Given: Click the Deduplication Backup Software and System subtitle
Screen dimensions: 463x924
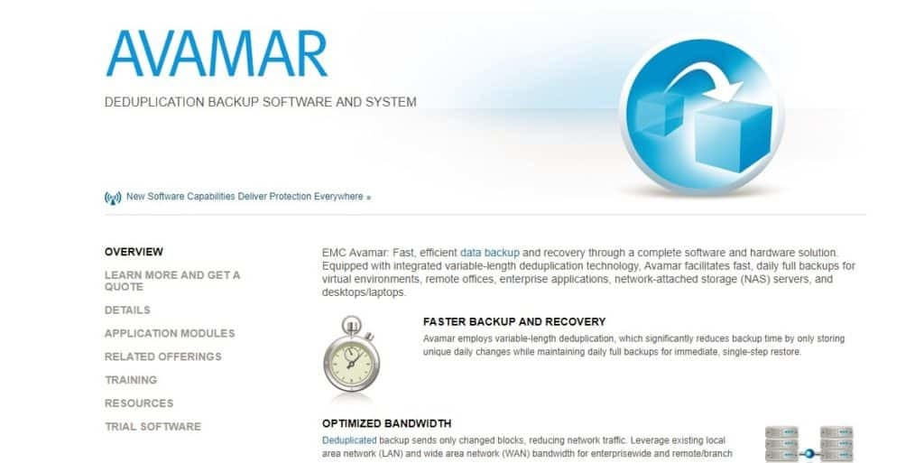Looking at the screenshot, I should coord(261,102).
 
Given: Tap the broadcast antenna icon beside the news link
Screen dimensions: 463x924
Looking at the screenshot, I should coord(113,197).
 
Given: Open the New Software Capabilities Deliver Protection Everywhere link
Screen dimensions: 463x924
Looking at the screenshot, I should coord(245,196).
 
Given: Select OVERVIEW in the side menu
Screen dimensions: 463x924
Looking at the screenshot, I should coord(134,252).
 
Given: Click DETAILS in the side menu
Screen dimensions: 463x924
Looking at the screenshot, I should coord(127,310).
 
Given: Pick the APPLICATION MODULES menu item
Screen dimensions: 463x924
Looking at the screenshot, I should coord(170,333).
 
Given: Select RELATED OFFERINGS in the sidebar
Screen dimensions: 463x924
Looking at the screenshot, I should coord(163,357).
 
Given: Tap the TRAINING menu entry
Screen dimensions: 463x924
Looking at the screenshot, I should coord(131,380).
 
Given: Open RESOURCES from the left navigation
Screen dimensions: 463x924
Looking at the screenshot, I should coord(139,403).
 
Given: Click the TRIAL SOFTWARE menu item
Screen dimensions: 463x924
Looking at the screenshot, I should coord(152,427).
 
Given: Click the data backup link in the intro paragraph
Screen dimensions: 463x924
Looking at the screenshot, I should coord(489,253).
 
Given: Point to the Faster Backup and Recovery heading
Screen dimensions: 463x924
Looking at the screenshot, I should coord(514,321).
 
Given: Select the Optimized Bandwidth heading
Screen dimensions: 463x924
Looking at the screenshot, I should coord(386,423).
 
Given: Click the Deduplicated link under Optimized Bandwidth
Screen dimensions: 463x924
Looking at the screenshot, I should coord(349,440).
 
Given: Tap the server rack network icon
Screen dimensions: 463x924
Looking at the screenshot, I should coord(808,443).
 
